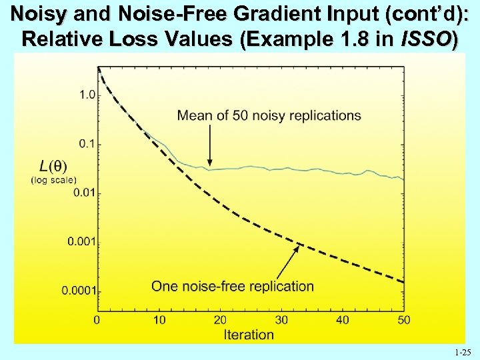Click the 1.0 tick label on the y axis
click(87, 95)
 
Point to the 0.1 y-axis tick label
click(87, 144)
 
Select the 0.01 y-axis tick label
click(85, 193)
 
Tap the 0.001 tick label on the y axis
click(82, 241)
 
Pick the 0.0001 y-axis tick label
click(79, 291)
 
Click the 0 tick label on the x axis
click(97, 321)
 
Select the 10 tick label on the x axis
click(159, 321)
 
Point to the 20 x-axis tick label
click(220, 321)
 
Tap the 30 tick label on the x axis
click(281, 321)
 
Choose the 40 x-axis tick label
click(343, 321)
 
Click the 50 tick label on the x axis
click(403, 321)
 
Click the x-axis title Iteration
click(249, 335)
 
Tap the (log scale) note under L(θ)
click(54, 179)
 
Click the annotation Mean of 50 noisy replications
click(269, 115)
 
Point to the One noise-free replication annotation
click(232, 287)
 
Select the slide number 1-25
click(461, 351)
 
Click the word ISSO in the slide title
click(428, 39)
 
